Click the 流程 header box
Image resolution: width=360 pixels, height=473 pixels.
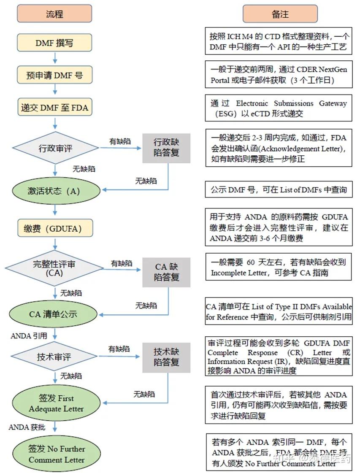pyautogui.click(x=54, y=14)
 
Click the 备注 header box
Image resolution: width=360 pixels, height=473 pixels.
pyautogui.click(x=280, y=14)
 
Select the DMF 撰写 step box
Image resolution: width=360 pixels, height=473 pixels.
pyautogui.click(x=54, y=43)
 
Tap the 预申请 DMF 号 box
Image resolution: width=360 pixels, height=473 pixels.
pyautogui.click(x=54, y=75)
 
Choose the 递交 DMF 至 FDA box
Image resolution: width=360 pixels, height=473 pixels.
pyautogui.click(x=54, y=108)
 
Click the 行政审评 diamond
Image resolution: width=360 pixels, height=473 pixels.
pyautogui.click(x=54, y=149)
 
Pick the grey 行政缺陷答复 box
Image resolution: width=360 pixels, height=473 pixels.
pyautogui.click(x=166, y=148)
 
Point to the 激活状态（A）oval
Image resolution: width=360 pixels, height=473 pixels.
pyautogui.click(x=54, y=190)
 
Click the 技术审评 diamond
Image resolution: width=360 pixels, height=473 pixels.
pyautogui.click(x=54, y=357)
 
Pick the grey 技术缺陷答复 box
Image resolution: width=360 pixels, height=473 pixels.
pyautogui.click(x=166, y=357)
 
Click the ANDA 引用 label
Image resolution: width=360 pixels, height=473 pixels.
pyautogui.click(x=29, y=336)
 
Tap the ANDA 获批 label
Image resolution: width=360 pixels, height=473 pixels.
pyautogui.click(x=27, y=427)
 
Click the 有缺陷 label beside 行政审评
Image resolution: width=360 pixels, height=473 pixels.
pyautogui.click(x=119, y=142)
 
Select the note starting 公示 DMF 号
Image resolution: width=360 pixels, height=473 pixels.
pyautogui.click(x=279, y=190)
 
